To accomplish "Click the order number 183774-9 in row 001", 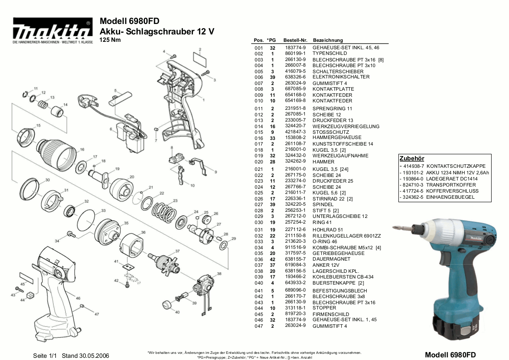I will click(295, 48).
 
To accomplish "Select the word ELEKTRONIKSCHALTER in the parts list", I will click(341, 77).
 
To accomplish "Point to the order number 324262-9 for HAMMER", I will click(295, 162).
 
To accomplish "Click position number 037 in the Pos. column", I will click(259, 265).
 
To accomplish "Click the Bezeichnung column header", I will click(328, 40).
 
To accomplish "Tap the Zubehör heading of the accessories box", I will click(411, 159).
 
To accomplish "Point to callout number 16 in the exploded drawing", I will click(82, 149).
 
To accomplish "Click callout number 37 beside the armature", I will click(177, 251).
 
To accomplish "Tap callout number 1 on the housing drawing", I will click(203, 100).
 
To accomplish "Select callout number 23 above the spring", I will click(175, 200).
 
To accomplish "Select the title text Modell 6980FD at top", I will click(129, 21).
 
